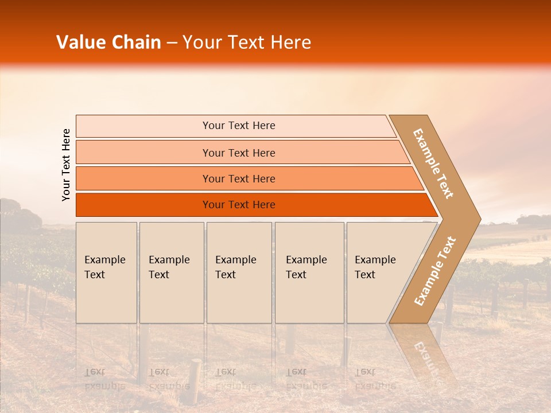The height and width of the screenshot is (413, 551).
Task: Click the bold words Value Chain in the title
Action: tap(108, 42)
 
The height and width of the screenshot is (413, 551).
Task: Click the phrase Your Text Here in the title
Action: tap(247, 42)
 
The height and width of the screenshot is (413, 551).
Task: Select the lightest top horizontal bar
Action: tap(143, 126)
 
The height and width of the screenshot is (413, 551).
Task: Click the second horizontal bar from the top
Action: tap(143, 153)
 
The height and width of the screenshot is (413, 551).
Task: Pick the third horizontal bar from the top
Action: tap(143, 178)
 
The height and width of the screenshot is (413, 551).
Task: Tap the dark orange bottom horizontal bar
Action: tap(143, 205)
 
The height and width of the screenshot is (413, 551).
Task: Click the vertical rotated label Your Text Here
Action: tap(66, 165)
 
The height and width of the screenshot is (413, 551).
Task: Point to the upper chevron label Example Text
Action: tap(433, 163)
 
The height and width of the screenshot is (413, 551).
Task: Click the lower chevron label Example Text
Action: tap(435, 271)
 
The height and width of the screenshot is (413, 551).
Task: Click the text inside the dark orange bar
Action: tap(239, 205)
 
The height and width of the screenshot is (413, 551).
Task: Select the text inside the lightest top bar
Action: tap(239, 126)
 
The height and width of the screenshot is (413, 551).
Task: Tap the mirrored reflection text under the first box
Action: tap(104, 379)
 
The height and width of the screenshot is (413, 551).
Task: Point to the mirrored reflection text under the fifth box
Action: tap(375, 379)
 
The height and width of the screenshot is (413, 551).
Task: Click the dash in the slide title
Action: tap(172, 43)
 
